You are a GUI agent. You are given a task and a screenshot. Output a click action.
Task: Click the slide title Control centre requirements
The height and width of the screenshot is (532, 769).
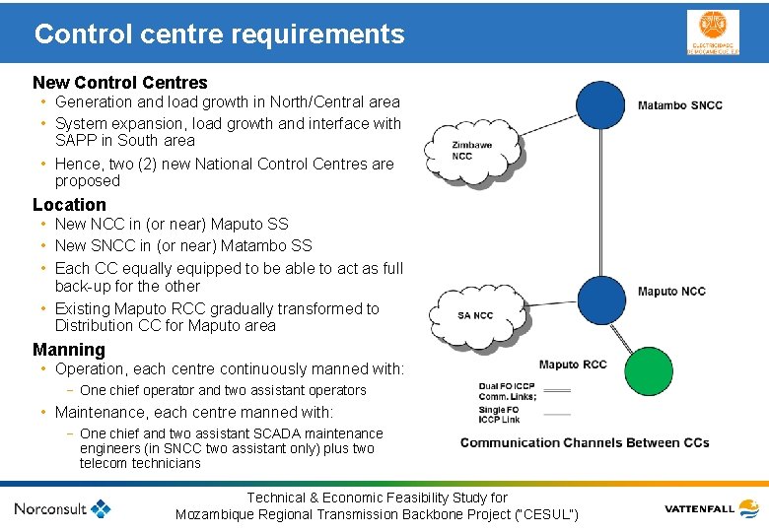[219, 34]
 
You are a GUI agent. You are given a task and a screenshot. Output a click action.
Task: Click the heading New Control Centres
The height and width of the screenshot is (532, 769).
[120, 82]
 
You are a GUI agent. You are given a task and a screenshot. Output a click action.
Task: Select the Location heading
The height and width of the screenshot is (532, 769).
[69, 204]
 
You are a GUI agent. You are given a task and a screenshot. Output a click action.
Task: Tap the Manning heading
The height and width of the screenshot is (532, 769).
[69, 349]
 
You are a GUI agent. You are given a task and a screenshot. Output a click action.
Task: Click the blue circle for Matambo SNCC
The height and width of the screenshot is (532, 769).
[600, 104]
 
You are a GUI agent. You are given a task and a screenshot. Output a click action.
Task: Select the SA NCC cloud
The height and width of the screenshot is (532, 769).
[475, 315]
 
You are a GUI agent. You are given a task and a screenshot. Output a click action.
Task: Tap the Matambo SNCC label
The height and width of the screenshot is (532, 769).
[679, 105]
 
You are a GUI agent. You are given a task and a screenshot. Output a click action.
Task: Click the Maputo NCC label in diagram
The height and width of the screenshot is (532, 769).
[671, 292]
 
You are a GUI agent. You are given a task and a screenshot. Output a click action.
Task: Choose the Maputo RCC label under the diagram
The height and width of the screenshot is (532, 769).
[573, 365]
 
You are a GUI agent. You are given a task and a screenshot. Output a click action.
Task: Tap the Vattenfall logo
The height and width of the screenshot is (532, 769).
[711, 508]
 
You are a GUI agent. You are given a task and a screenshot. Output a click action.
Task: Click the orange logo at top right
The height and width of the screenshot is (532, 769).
[712, 33]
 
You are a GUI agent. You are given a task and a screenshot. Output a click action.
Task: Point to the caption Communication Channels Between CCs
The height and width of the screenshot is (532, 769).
[584, 442]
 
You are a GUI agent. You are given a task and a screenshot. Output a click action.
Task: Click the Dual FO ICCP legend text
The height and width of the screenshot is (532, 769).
[508, 391]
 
